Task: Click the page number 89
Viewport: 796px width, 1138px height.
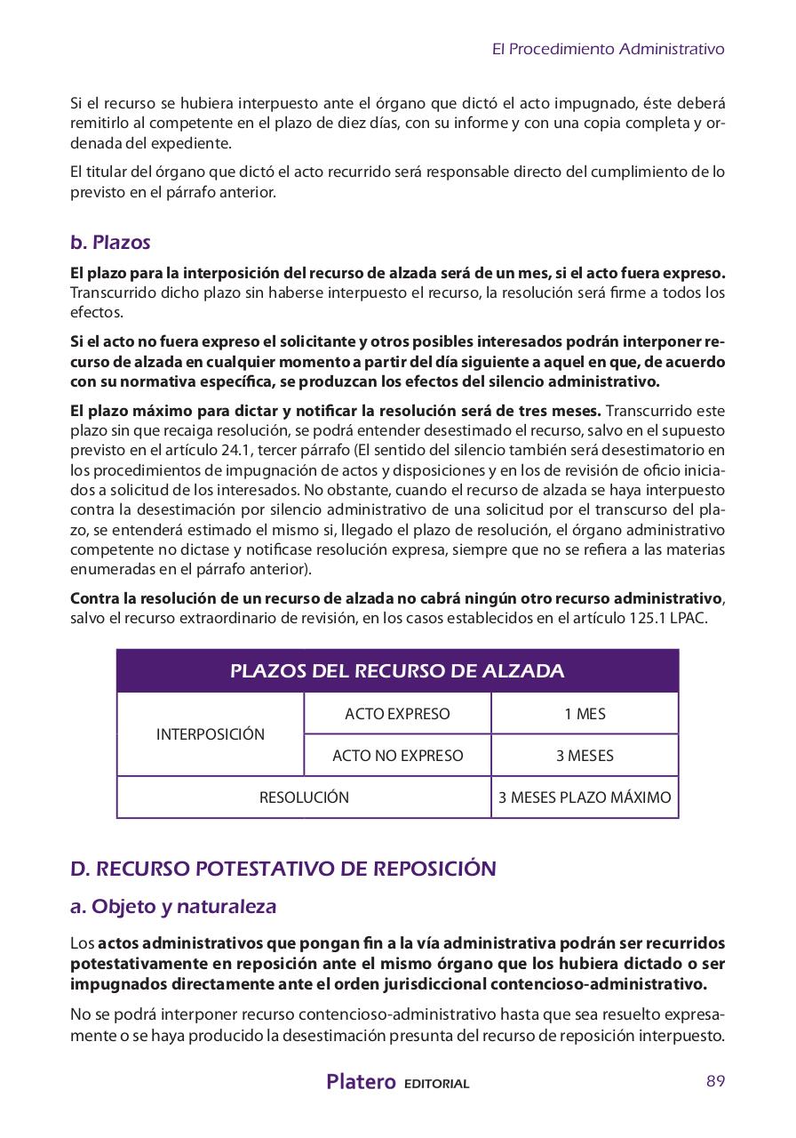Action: coord(715,1081)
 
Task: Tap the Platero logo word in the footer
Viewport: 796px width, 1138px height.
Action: coord(361,1082)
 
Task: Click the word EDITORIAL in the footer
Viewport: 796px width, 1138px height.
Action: coord(436,1084)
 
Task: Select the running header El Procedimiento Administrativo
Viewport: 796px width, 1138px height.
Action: coord(608,49)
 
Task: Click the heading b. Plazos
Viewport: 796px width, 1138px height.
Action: coord(110,242)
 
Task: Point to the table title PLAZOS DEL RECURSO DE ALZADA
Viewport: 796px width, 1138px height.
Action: coord(397,670)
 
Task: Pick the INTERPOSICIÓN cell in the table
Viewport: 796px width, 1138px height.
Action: coord(211,734)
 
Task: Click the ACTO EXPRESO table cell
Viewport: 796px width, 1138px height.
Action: coord(397,714)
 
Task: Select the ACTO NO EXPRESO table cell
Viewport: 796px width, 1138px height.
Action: coord(397,756)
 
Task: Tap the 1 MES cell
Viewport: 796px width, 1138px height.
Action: coord(585,714)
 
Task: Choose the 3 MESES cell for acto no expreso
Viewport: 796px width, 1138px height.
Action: coord(585,756)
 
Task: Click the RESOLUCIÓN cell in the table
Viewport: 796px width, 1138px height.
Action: coord(304,797)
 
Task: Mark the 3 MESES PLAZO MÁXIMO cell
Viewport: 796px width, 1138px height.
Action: coord(585,797)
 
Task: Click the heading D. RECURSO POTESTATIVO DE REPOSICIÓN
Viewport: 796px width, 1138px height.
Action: coord(283,868)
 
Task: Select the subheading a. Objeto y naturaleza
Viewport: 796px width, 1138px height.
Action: coord(173,907)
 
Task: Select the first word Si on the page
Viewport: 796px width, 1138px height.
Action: coord(77,104)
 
